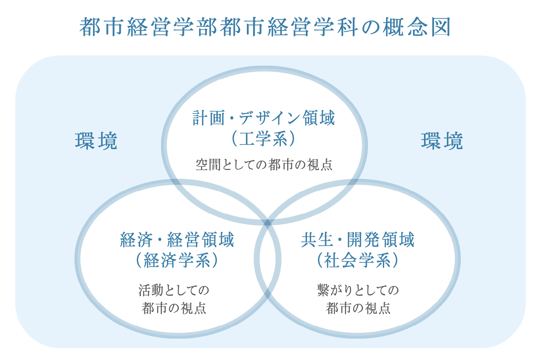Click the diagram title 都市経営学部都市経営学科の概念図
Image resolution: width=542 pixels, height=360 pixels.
[x=265, y=27]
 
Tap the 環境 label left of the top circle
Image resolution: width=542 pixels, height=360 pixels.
[x=96, y=141]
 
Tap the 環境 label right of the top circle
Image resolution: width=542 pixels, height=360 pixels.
[x=442, y=141]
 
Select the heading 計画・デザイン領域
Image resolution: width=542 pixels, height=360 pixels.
[x=264, y=118]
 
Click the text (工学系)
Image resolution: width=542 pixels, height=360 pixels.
[x=264, y=139]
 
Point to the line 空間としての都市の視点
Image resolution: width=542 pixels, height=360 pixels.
[x=264, y=165]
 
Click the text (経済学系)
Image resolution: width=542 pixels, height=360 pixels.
[x=177, y=260]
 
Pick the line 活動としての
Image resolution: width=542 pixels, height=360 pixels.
[x=174, y=290]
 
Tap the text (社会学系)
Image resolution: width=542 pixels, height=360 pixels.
[x=358, y=260]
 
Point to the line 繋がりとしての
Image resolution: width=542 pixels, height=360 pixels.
[x=358, y=290]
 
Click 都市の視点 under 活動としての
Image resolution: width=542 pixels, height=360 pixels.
[x=174, y=308]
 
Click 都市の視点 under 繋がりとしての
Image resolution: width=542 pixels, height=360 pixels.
[x=358, y=308]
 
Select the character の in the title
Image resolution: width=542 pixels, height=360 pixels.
[x=371, y=27]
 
